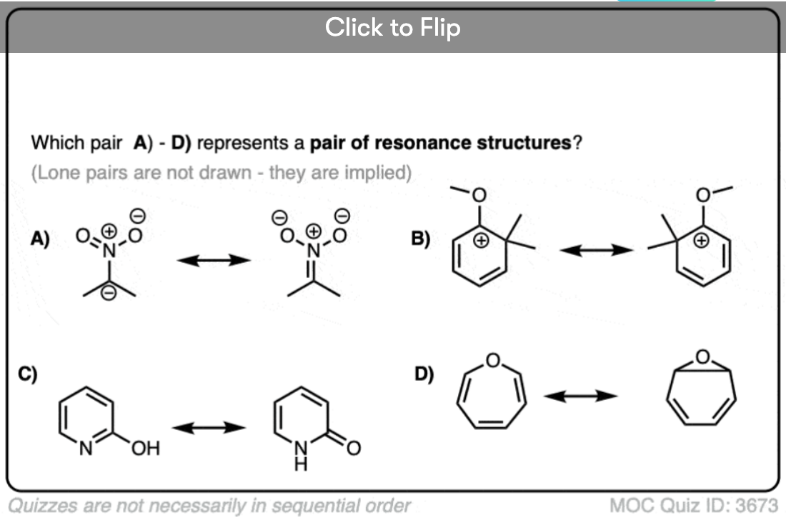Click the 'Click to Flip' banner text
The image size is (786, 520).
coord(392,28)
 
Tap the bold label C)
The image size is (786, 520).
coord(28,374)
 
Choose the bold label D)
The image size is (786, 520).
coord(424,374)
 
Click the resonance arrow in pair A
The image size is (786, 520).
coord(214,260)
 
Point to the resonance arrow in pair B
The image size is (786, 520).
coord(596,250)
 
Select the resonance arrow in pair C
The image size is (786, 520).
coord(209,427)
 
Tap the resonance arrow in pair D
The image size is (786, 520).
coord(580,395)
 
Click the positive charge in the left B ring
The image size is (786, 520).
coord(482,241)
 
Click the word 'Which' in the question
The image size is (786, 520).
coord(54,143)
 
